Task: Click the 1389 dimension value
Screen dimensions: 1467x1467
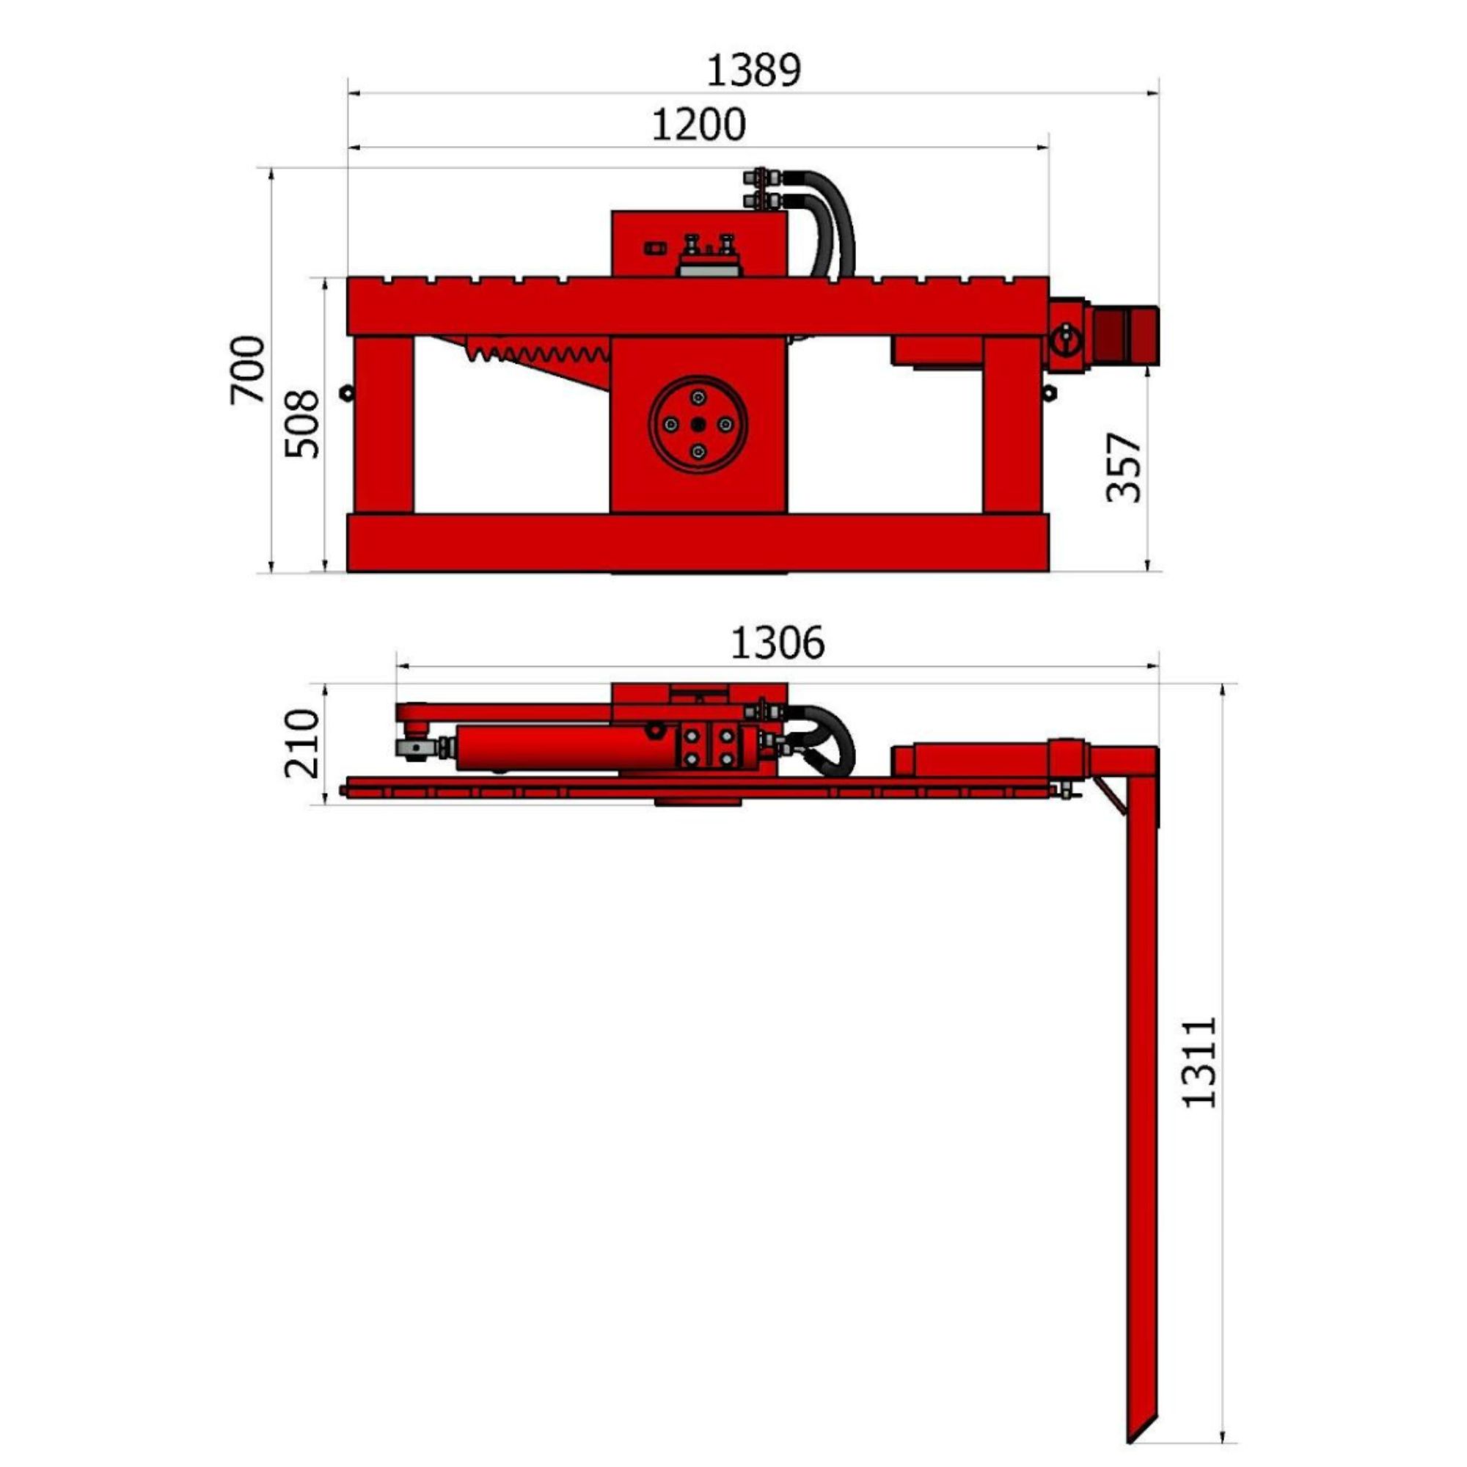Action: [x=753, y=70]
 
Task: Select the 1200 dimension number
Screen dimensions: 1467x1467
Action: [x=698, y=125]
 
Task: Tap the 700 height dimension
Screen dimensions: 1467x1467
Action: [x=249, y=369]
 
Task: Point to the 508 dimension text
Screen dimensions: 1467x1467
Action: [x=301, y=424]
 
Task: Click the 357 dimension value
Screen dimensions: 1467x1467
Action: [x=1124, y=468]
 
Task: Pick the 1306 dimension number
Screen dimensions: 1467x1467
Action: [x=777, y=643]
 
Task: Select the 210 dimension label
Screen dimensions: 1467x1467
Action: [x=301, y=742]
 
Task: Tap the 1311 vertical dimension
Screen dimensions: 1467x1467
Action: [x=1201, y=1063]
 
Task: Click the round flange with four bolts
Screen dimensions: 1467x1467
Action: [x=698, y=425]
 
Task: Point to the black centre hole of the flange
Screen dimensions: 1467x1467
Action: [x=698, y=425]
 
